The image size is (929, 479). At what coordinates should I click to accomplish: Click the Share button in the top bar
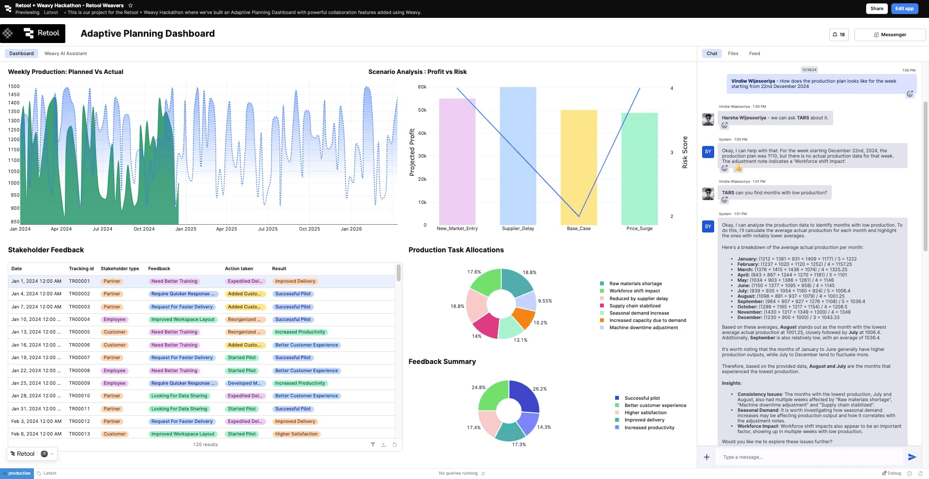click(x=876, y=8)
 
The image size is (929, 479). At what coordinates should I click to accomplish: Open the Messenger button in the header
click(x=890, y=35)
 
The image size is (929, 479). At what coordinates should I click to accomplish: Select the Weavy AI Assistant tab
click(x=65, y=54)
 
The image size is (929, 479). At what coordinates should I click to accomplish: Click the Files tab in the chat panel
click(x=733, y=54)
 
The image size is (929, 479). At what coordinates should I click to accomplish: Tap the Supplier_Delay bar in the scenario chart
click(x=518, y=155)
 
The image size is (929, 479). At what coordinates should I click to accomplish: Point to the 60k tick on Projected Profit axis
click(x=422, y=87)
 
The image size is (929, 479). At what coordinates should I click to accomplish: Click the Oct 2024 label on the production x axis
click(x=144, y=229)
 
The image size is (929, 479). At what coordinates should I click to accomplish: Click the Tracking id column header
click(x=81, y=269)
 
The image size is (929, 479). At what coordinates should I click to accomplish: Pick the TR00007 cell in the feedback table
click(x=79, y=358)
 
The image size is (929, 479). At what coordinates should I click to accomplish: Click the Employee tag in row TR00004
click(x=115, y=319)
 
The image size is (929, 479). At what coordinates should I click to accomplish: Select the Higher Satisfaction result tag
click(x=296, y=434)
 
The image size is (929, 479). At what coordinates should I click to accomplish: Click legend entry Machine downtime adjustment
click(x=643, y=328)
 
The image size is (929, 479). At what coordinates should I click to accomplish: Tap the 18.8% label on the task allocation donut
click(x=529, y=273)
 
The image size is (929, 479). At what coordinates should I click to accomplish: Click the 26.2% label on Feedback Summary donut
click(x=539, y=389)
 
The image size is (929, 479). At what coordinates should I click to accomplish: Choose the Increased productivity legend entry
click(x=649, y=428)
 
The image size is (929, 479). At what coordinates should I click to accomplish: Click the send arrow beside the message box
click(x=912, y=457)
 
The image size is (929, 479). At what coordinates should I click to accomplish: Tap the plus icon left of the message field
click(x=706, y=457)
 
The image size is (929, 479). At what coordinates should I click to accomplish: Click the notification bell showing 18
click(x=839, y=35)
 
